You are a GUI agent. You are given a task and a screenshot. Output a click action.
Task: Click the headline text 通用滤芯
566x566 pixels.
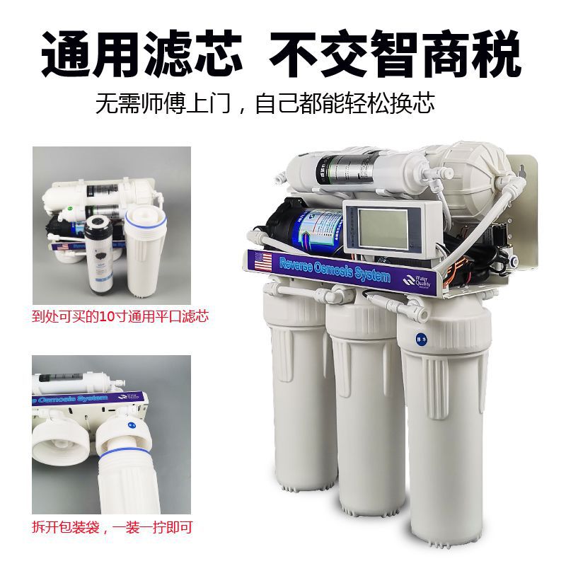(x=141, y=53)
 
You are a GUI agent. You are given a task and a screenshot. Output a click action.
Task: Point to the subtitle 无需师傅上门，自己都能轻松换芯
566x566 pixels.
(x=265, y=104)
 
